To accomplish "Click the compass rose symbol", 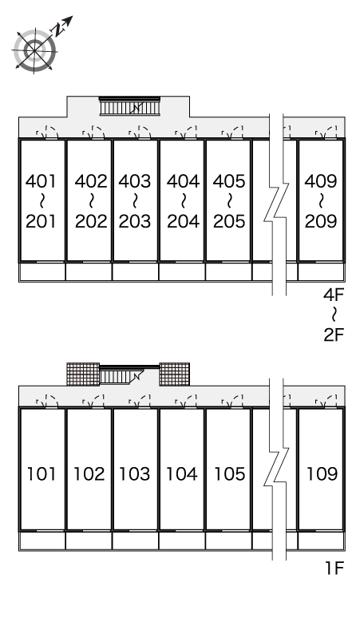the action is [x=34, y=51].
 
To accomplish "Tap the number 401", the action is [x=42, y=181].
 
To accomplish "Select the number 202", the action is [x=91, y=221].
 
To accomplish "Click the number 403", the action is [x=135, y=181].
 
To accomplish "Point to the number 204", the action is [x=183, y=221].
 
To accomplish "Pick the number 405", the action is [x=229, y=181].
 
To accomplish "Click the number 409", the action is [x=321, y=181].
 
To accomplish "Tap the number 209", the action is [x=321, y=221].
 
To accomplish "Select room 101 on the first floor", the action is [x=42, y=469].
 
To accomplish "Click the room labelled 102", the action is [x=89, y=469].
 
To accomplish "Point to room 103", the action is [x=136, y=469].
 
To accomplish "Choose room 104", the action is [x=182, y=469].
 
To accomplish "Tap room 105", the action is [x=228, y=469].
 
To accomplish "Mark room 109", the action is [x=321, y=469].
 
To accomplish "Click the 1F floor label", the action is [x=334, y=568].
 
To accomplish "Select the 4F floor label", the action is [x=334, y=295].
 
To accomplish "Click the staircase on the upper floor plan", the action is [x=129, y=106].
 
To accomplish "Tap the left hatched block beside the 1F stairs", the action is [x=83, y=374].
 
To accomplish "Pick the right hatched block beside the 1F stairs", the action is [x=175, y=374].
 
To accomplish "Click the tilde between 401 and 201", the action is [x=42, y=201].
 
